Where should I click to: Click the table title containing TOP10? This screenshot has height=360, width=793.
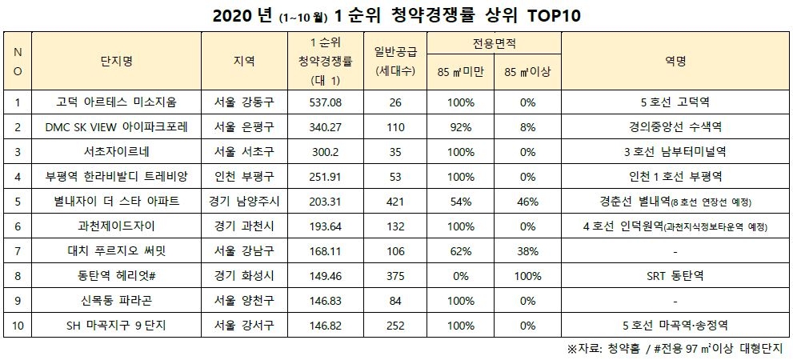395,15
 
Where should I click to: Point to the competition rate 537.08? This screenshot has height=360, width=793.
325,102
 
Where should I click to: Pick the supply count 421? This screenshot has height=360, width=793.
394,201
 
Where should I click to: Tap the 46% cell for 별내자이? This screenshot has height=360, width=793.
527,201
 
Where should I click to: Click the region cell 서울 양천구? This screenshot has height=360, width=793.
246,302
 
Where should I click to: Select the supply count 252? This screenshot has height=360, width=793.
394,326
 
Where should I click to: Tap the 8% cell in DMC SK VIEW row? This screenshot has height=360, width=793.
527,126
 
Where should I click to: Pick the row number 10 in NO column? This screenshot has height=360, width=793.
18,326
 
